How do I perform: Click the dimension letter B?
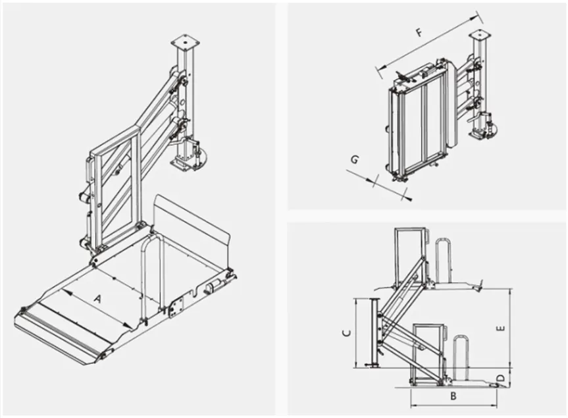point(453,397)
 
